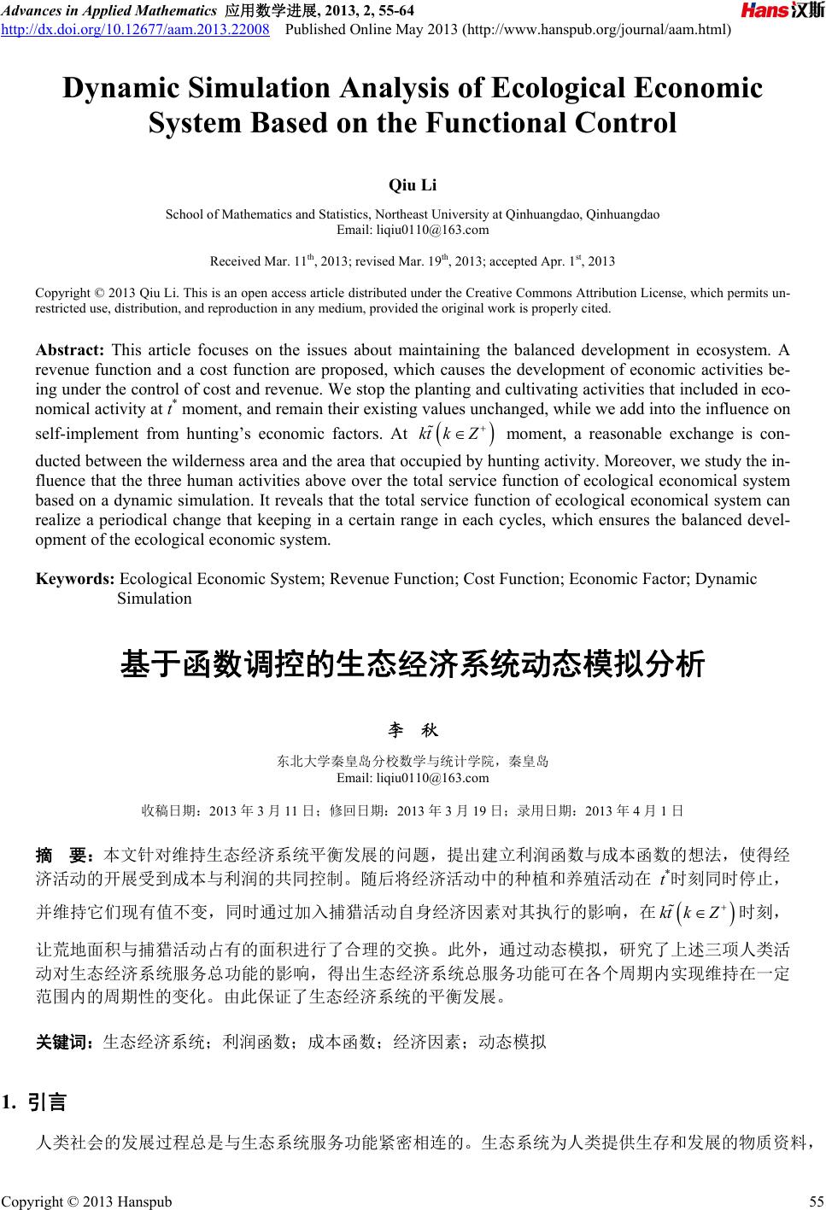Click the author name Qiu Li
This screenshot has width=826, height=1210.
point(413,184)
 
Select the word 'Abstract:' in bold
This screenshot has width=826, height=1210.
point(69,351)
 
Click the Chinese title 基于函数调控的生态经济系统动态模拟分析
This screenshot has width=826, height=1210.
point(413,663)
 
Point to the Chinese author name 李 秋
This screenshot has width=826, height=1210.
point(413,731)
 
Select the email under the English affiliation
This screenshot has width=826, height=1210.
point(413,229)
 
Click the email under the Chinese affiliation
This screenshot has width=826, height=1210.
point(413,777)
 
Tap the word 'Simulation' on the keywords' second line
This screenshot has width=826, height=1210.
point(155,598)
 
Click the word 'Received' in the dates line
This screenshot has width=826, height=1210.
point(235,260)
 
